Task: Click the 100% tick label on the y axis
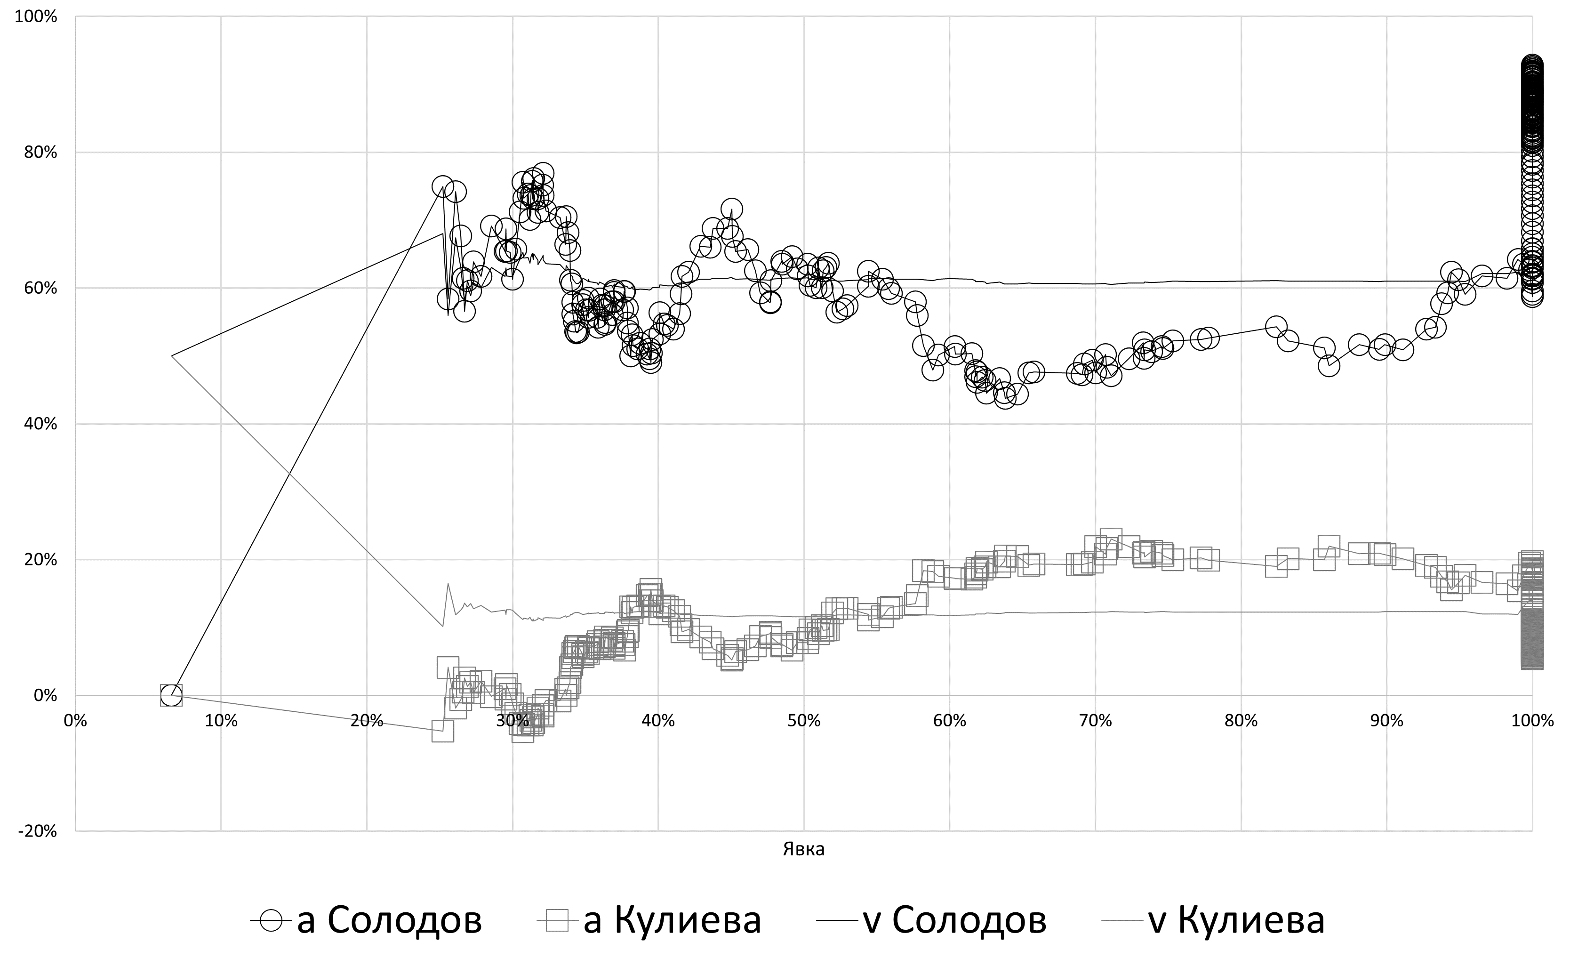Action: pos(36,16)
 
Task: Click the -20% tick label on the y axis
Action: pos(38,831)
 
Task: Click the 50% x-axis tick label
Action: pos(804,721)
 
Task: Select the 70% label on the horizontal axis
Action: pos(1095,721)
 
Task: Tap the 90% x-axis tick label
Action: pos(1386,721)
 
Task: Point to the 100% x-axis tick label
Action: pos(1532,721)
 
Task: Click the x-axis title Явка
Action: pos(804,850)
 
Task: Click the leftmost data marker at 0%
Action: pos(171,695)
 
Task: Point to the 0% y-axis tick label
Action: pos(45,696)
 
